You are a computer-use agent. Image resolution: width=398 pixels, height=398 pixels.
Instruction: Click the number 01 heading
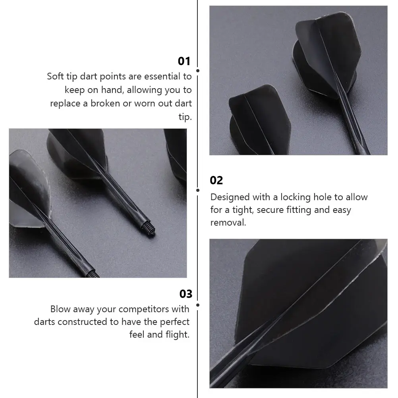pos(184,61)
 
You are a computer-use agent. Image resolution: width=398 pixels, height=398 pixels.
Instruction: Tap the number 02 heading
pos(216,180)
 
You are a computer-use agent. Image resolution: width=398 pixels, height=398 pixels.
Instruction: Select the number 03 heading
pos(185,294)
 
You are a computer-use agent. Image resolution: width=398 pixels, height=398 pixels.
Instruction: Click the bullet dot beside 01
pos(198,71)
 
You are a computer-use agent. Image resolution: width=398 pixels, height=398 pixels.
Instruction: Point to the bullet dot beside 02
pos(198,190)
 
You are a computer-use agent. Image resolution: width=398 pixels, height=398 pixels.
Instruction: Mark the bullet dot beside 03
pos(198,305)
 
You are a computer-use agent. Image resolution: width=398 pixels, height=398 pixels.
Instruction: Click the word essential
pos(162,77)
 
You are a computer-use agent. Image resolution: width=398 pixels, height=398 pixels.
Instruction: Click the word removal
pos(228,222)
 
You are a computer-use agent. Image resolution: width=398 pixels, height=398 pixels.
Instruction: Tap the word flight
pos(178,334)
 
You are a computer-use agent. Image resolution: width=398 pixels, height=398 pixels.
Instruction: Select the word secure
pos(267,210)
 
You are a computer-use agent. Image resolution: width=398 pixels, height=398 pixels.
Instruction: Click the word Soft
pos(55,77)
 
